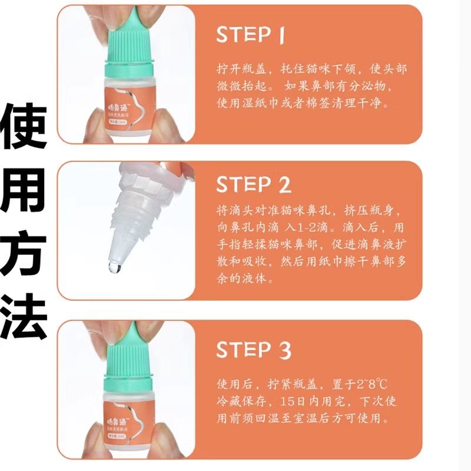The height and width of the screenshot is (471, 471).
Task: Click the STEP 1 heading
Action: [x=250, y=35]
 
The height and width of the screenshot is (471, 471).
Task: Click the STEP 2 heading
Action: [x=253, y=185]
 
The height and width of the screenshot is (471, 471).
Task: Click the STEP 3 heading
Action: [x=253, y=350]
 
